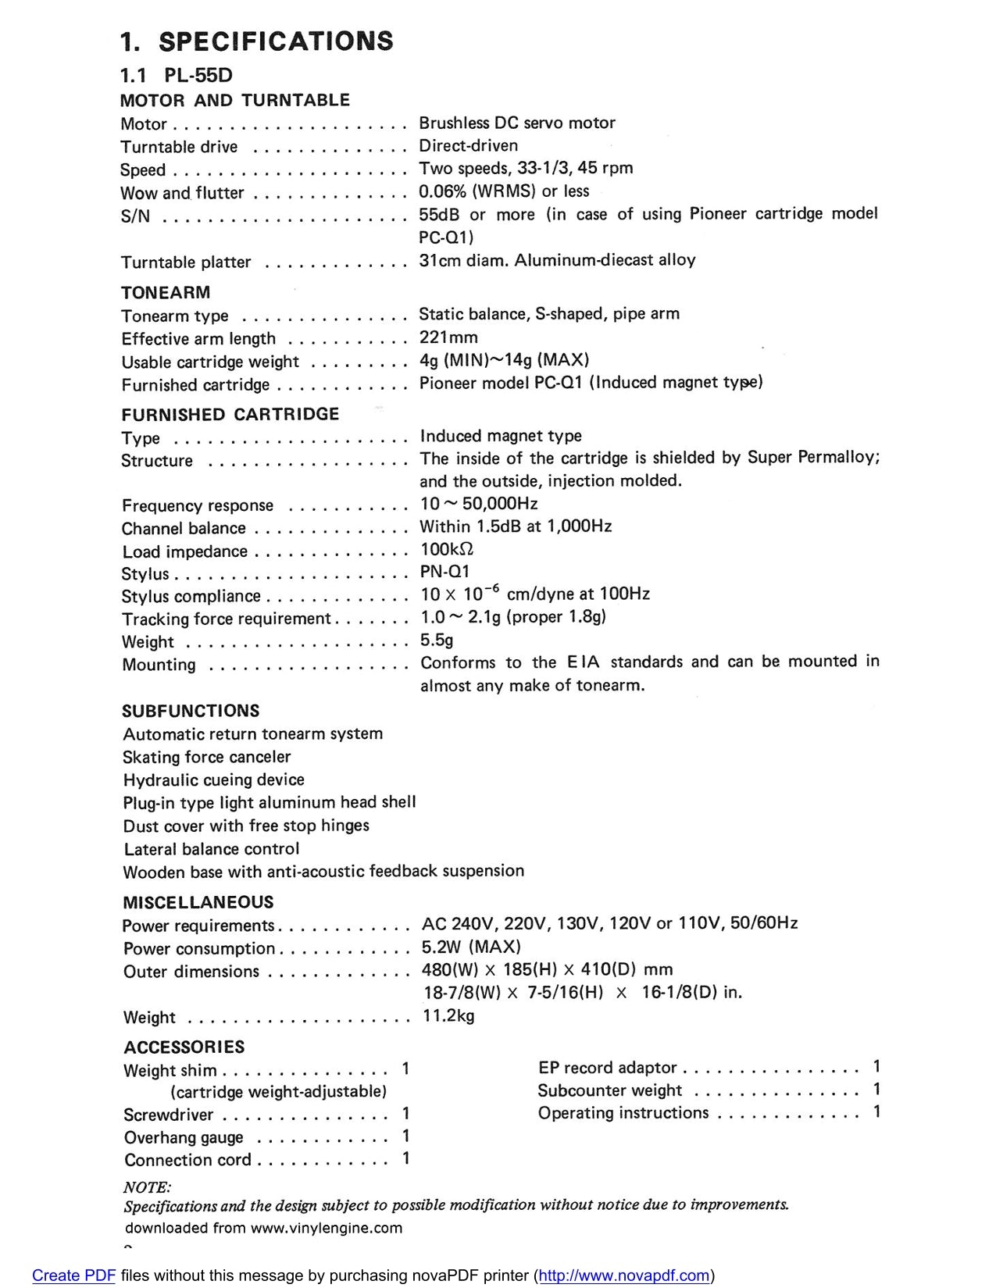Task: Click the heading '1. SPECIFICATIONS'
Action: pyautogui.click(x=256, y=41)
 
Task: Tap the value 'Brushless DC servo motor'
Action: pyautogui.click(x=516, y=123)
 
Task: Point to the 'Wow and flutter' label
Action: pyautogui.click(x=182, y=193)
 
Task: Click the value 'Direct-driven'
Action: pyautogui.click(x=468, y=145)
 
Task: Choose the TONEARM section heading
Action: pyautogui.click(x=166, y=292)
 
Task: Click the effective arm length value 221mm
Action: pyautogui.click(x=448, y=337)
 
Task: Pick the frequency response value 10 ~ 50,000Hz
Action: pyautogui.click(x=478, y=504)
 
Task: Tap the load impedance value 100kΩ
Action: pyautogui.click(x=447, y=549)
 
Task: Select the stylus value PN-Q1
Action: pyautogui.click(x=444, y=572)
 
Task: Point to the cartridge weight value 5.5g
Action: pyautogui.click(x=437, y=640)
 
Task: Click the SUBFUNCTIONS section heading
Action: pyautogui.click(x=191, y=711)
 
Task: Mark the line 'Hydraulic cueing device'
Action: pyautogui.click(x=213, y=780)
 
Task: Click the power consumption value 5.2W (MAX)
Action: pyautogui.click(x=471, y=947)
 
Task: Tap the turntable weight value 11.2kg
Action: pyautogui.click(x=448, y=1015)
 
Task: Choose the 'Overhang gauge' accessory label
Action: pyautogui.click(x=184, y=1137)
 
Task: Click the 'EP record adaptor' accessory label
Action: pyautogui.click(x=607, y=1067)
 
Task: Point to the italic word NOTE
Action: pyautogui.click(x=147, y=1187)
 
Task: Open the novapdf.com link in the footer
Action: pyautogui.click(x=624, y=1276)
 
